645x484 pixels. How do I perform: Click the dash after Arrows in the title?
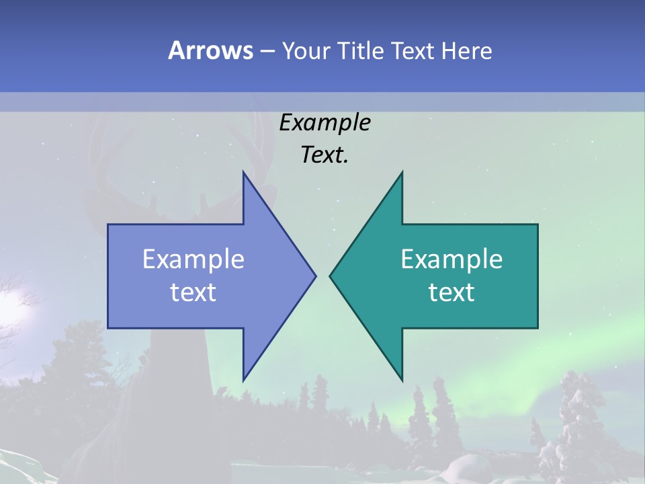coord(265,52)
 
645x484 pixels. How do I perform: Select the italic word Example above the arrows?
coord(325,122)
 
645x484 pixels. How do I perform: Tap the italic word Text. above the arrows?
coord(325,155)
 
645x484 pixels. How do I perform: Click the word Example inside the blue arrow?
coord(193,259)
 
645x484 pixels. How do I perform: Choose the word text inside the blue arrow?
coord(193,292)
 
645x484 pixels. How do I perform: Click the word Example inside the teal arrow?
coord(451,259)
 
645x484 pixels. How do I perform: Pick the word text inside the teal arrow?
coord(451,292)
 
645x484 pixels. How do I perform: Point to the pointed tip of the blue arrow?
coord(315,276)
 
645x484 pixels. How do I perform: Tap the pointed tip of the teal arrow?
coord(330,276)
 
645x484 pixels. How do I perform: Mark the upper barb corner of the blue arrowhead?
coord(243,172)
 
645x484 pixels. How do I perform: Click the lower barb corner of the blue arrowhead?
coord(243,380)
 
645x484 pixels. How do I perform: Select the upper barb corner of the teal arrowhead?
coord(402,172)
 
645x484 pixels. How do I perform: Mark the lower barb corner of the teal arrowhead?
coord(402,380)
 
